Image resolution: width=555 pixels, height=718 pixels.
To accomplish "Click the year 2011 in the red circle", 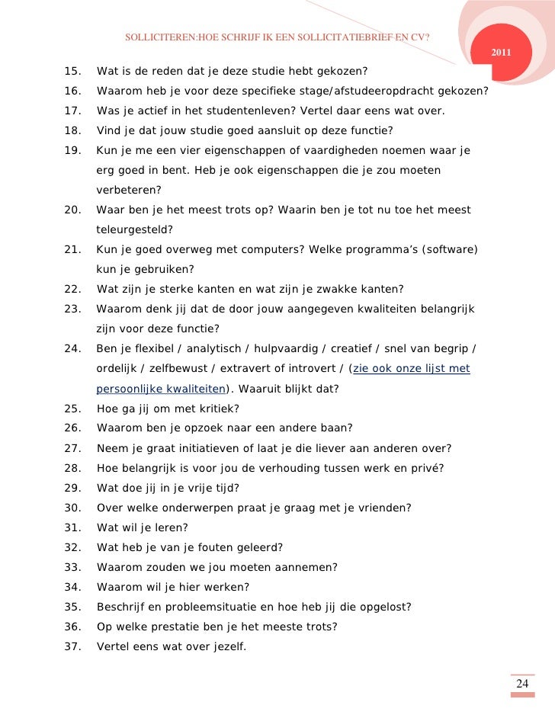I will point(500,52).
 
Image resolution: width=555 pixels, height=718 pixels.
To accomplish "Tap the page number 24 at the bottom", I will point(522,683).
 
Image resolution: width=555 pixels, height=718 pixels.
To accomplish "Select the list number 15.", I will point(73,72).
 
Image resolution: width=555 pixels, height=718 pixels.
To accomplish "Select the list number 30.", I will point(73,508).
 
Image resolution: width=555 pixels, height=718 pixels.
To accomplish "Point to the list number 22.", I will point(73,290).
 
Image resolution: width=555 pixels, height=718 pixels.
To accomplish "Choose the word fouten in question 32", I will point(210,547).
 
